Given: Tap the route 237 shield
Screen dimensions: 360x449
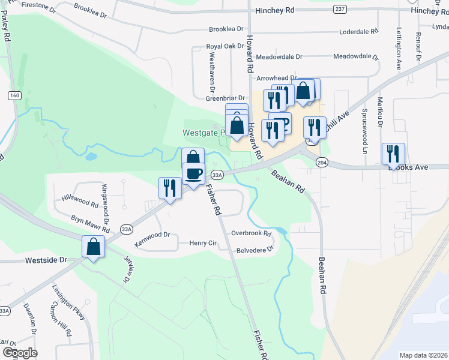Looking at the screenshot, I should point(340,8).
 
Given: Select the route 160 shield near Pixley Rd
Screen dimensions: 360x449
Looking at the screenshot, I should point(14,95).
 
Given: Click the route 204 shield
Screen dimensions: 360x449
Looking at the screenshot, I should point(322,163).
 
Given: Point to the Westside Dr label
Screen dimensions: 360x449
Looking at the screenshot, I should point(45,261).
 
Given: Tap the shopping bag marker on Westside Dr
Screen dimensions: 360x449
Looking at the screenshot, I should point(94,246).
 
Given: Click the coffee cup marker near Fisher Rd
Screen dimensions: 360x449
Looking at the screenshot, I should point(193,174).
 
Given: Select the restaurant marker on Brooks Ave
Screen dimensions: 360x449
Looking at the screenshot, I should point(393,154).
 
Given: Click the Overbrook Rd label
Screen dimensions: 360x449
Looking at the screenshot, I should point(252,233).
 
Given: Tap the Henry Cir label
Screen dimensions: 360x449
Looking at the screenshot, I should point(202,242).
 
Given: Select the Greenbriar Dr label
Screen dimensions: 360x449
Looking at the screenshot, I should point(226,98).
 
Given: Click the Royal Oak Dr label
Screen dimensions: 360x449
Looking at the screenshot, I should point(224,46).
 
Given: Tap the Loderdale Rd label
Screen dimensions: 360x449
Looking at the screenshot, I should point(358,31).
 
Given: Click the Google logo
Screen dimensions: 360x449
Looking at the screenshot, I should point(20,352).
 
